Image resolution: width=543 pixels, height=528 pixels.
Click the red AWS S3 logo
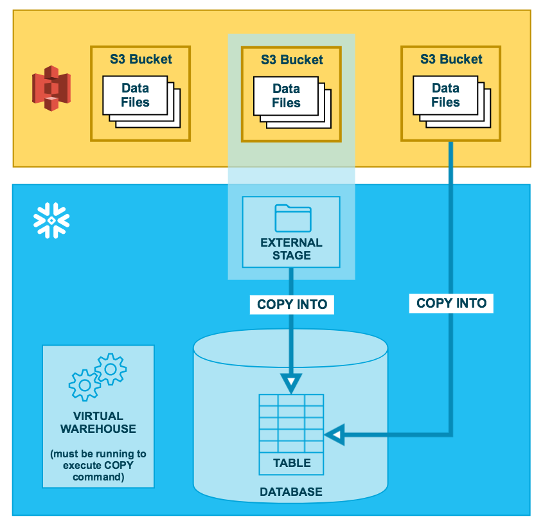(51, 88)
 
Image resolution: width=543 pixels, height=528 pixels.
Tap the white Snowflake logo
(51, 220)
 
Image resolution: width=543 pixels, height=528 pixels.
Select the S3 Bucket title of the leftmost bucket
(141, 59)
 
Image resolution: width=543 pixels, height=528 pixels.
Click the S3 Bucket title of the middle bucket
(292, 60)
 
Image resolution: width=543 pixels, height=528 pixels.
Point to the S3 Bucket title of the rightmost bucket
(451, 59)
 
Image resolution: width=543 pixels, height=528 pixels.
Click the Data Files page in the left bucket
(135, 95)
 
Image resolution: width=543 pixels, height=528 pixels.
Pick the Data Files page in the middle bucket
(286, 96)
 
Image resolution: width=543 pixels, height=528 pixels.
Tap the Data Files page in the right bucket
(445, 95)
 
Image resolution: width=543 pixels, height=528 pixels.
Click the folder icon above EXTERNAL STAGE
(293, 218)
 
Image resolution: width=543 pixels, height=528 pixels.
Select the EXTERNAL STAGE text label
(291, 249)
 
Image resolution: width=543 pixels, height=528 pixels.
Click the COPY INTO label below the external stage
(292, 304)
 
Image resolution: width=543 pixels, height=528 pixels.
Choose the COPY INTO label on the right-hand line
(451, 303)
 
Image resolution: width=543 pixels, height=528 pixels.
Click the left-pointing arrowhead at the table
(335, 434)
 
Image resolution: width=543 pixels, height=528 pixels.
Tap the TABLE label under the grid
(292, 463)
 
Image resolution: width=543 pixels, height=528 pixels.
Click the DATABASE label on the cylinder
(291, 491)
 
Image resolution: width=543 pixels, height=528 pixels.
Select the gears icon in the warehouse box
(98, 377)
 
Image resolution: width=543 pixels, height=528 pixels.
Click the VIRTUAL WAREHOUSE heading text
(98, 423)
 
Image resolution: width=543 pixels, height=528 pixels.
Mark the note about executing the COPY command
(98, 465)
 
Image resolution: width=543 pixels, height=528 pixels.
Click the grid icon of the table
(291, 423)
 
